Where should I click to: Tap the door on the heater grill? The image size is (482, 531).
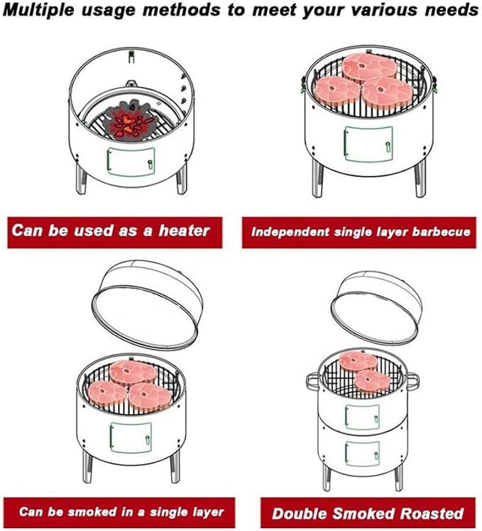(131, 161)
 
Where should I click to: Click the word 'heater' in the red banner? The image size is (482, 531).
(185, 231)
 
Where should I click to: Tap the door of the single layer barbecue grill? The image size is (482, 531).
(368, 144)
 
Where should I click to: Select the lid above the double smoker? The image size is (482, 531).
(376, 306)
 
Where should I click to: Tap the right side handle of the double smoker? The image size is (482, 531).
(412, 380)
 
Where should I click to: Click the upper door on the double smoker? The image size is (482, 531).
(362, 417)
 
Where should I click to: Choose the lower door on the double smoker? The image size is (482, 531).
(362, 454)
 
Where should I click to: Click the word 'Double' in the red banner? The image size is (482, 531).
(300, 514)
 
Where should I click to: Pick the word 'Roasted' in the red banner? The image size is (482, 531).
(432, 513)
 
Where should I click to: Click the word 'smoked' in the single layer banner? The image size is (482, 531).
(92, 511)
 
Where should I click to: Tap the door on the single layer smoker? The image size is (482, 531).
(131, 437)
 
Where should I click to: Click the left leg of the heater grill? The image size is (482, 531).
(81, 178)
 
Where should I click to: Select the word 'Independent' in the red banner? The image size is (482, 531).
(290, 232)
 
